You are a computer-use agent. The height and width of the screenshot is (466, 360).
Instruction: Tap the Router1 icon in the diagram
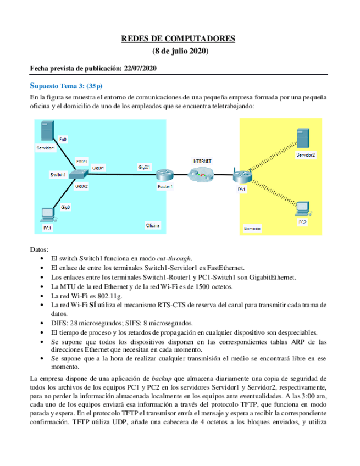point(163,175)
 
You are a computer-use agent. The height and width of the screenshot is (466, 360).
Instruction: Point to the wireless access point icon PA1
point(241,177)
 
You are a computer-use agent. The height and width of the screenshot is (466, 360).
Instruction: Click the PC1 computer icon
point(47,214)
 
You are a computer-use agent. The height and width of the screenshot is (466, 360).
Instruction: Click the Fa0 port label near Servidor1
point(63,140)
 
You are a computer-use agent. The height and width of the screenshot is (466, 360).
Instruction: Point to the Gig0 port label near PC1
point(65,207)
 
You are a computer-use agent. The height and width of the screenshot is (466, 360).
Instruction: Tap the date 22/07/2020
point(139,69)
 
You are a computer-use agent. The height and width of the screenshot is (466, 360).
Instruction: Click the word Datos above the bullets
point(40,249)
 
